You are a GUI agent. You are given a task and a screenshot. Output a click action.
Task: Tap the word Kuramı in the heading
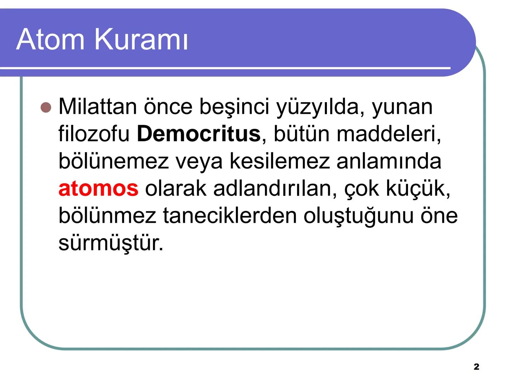(141, 39)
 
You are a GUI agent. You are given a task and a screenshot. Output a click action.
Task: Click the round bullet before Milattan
(46, 107)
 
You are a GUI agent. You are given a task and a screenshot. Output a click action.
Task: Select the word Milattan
(97, 106)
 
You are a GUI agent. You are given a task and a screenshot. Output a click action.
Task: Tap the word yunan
(402, 107)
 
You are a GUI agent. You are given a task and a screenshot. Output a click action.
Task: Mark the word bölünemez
(113, 161)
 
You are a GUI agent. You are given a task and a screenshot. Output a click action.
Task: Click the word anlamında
(389, 161)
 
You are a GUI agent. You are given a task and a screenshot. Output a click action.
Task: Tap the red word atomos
(98, 188)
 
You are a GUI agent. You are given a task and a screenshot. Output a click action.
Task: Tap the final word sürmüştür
(110, 243)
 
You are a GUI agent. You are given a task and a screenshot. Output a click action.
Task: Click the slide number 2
(476, 367)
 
